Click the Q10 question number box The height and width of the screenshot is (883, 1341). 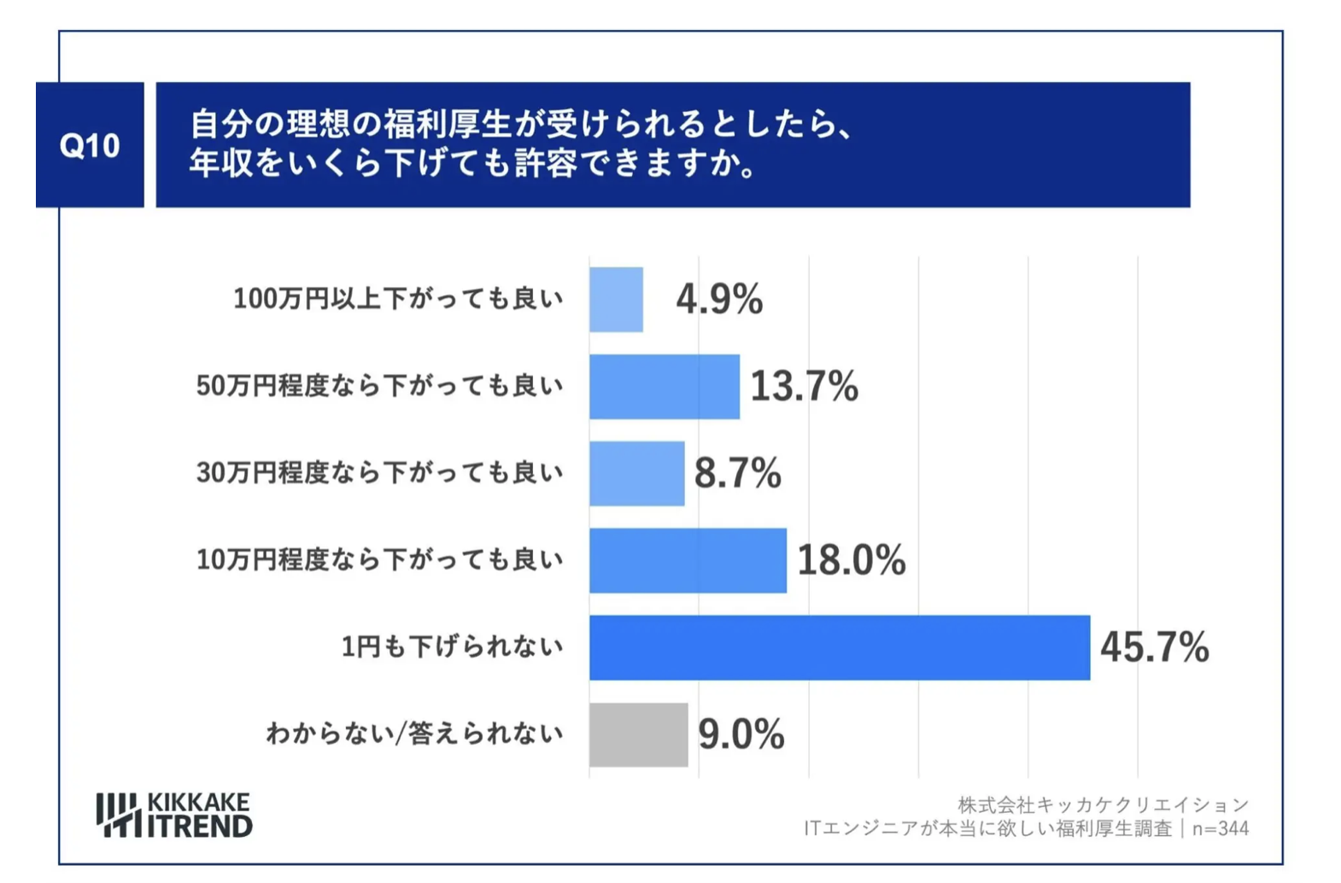tap(90, 145)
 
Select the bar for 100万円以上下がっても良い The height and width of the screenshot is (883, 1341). tap(616, 300)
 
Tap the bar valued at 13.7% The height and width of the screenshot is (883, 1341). tap(664, 387)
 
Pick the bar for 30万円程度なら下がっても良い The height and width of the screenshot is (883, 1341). tap(636, 474)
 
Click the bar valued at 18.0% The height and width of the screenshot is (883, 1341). tap(688, 561)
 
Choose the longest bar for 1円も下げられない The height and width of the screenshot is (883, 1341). tap(839, 648)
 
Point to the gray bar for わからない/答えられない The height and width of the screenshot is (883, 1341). tap(638, 735)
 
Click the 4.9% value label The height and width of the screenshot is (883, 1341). tap(719, 300)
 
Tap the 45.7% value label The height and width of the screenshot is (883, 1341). tap(1154, 647)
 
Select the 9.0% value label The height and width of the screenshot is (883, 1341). tap(741, 734)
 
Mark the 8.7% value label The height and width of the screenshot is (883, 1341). tap(737, 473)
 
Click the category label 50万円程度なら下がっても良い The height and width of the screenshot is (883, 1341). tap(379, 386)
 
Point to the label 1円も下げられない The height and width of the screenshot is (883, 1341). tap(452, 647)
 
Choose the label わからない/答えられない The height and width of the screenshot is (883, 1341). tap(414, 734)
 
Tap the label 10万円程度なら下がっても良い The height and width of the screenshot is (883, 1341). tap(379, 560)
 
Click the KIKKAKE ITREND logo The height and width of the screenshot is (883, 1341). tap(174, 816)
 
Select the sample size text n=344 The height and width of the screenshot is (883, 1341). tap(1221, 828)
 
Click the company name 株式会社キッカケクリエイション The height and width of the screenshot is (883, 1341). tap(1103, 804)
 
